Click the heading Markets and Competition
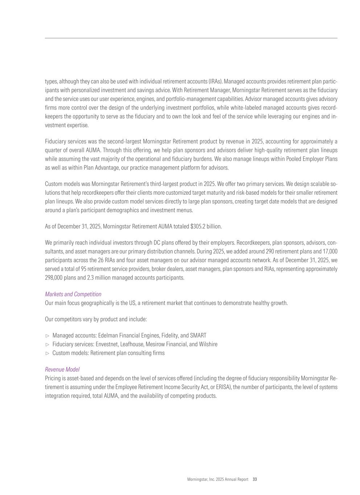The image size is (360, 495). [x=73, y=294]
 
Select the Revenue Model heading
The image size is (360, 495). [x=62, y=370]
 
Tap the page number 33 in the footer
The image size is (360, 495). [x=255, y=479]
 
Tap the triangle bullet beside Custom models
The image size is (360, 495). [x=47, y=353]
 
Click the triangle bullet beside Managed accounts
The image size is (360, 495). [x=47, y=336]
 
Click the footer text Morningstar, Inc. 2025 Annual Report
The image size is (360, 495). [x=218, y=479]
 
